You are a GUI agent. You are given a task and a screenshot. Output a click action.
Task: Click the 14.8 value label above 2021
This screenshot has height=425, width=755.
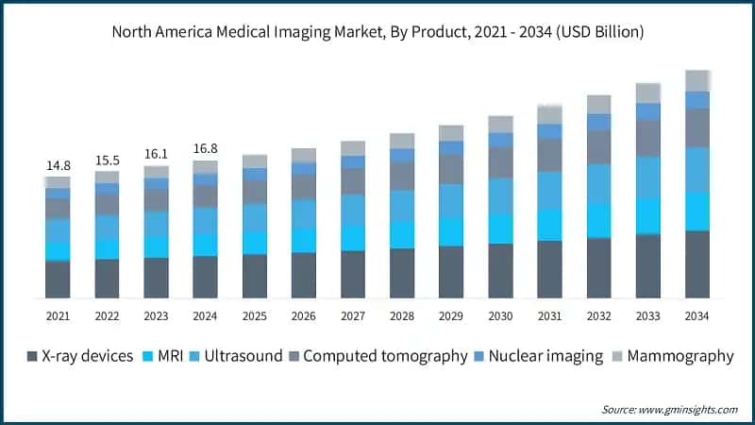pos(58,166)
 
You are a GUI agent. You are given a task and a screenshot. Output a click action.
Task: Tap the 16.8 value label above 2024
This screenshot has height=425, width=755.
pos(205,148)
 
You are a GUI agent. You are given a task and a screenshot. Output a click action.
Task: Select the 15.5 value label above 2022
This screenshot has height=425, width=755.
pos(107,161)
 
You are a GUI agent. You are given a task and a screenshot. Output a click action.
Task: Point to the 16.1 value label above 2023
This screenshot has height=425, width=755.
pos(156,154)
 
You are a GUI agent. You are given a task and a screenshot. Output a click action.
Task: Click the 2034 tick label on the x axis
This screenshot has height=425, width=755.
pos(696,315)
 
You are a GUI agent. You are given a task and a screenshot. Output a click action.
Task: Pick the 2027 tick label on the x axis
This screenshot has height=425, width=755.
pos(352,315)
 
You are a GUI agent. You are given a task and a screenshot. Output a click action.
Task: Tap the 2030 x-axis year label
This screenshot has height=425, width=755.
pos(500,315)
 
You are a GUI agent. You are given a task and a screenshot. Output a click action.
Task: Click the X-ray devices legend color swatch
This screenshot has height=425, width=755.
pos(31,357)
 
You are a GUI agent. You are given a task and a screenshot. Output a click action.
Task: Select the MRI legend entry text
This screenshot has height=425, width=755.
pos(167,356)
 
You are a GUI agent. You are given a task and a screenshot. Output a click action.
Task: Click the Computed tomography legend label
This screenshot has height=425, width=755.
pos(385,356)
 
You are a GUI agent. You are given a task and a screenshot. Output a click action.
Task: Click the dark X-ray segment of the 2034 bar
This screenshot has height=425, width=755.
pos(696,264)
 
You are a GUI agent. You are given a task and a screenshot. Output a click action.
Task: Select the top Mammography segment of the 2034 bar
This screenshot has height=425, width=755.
pos(696,80)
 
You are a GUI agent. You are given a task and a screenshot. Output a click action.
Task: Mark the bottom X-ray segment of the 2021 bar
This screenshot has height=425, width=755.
pos(58,280)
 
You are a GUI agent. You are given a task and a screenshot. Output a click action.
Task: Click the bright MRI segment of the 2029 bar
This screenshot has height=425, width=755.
pos(451,231)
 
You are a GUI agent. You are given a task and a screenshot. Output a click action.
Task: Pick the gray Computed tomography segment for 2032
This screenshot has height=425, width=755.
pos(598,146)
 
